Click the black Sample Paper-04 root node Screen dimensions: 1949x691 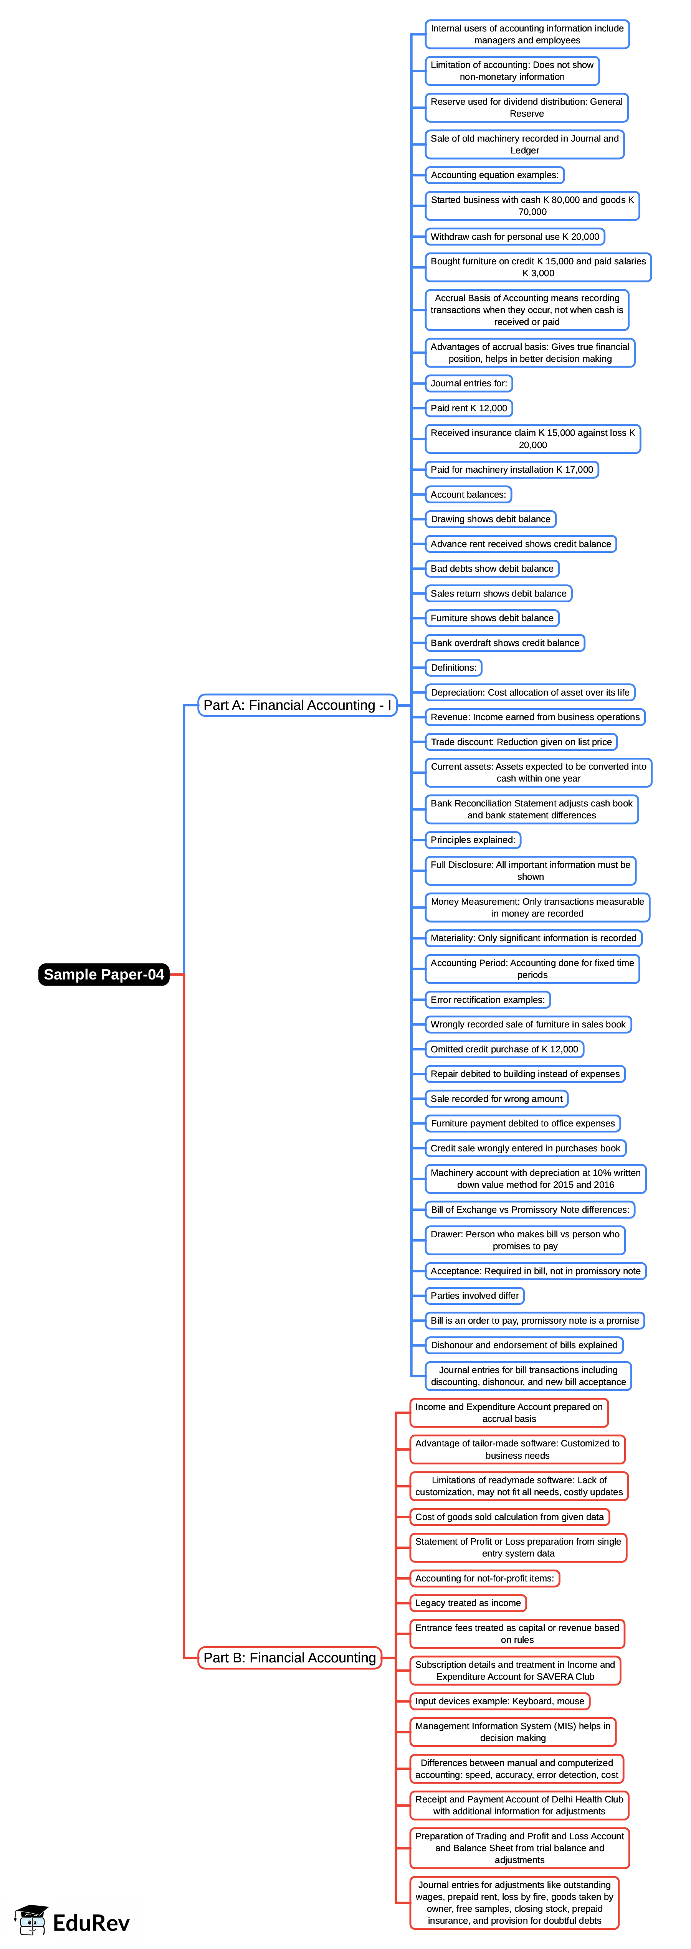(x=104, y=974)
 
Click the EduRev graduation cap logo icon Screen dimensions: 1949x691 (x=31, y=1919)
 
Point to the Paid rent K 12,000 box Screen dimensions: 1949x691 (x=468, y=409)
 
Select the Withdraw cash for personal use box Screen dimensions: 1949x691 (x=515, y=237)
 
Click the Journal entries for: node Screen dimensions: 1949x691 (x=468, y=384)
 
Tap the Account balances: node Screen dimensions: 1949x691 (x=468, y=495)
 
